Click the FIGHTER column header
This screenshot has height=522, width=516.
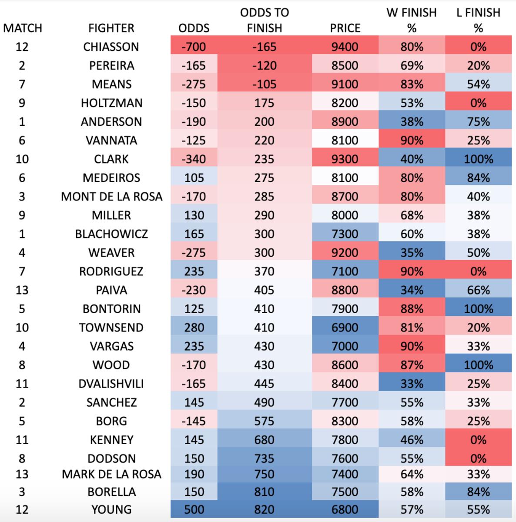111,28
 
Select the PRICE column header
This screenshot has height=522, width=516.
345,28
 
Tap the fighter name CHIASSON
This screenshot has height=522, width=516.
111,47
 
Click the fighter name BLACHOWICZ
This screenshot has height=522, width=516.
111,234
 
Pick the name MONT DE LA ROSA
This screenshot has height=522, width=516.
111,197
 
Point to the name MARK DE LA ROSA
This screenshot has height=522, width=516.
111,474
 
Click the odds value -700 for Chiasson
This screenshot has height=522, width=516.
194,47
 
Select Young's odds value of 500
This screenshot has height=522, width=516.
194,509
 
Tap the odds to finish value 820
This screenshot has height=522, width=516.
264,509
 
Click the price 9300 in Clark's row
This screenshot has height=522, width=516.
345,159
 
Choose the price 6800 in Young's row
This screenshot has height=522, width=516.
345,509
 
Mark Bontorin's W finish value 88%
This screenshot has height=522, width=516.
412,309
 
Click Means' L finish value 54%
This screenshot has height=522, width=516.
478,84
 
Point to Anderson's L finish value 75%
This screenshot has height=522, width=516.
478,122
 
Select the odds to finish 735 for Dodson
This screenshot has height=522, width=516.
264,458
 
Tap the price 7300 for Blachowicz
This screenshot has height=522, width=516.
345,234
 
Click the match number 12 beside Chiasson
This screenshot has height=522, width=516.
22,47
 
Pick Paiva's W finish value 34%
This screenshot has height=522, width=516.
412,290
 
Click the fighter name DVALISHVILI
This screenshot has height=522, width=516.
111,384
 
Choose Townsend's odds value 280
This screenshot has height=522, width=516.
194,328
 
